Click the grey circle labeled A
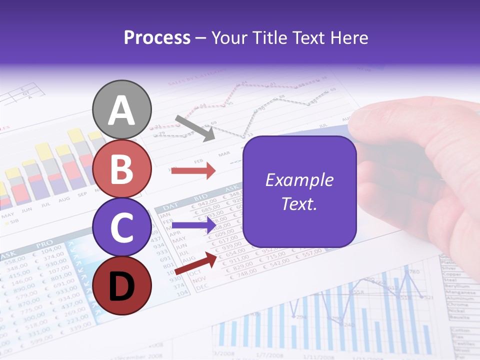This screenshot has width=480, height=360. (x=122, y=110)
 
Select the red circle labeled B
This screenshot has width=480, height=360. (x=122, y=169)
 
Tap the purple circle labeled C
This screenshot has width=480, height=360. (x=122, y=227)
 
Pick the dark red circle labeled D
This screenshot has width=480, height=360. (x=122, y=285)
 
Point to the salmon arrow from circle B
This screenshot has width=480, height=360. (x=193, y=171)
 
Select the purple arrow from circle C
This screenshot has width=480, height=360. (x=193, y=225)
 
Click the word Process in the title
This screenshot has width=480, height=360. (x=157, y=38)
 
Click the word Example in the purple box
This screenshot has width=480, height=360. (x=299, y=180)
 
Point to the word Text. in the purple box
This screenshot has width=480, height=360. (x=299, y=203)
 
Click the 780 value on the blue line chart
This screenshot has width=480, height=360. (x=413, y=272)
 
